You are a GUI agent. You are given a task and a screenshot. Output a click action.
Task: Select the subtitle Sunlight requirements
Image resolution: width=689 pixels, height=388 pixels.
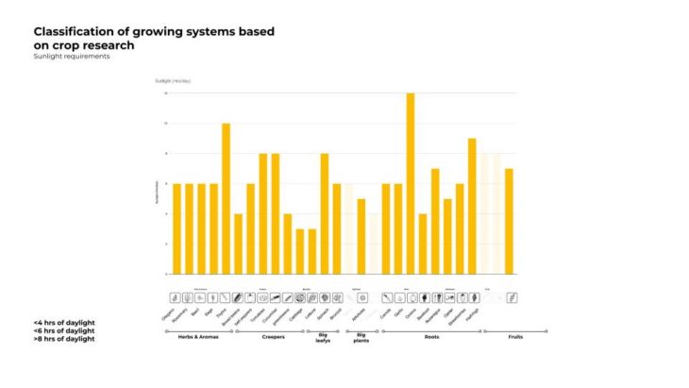[x=71, y=57]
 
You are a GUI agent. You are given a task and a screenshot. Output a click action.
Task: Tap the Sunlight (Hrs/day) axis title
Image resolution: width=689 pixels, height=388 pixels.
[x=173, y=81]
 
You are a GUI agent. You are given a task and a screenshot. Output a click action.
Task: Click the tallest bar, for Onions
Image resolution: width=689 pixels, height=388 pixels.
[x=411, y=184]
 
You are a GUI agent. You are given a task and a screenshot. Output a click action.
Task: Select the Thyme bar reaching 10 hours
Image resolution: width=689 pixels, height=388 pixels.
[x=226, y=198]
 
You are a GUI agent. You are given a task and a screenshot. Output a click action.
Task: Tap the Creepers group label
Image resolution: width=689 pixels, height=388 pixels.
[x=272, y=337]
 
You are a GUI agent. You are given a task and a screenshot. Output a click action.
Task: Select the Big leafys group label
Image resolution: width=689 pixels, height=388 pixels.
[x=324, y=340]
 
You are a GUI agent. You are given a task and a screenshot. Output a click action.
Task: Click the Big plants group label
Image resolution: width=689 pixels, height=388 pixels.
[x=361, y=340]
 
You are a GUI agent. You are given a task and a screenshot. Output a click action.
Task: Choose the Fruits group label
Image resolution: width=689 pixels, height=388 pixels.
[x=514, y=337]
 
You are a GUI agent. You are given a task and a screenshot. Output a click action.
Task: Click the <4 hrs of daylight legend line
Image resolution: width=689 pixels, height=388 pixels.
[x=63, y=322]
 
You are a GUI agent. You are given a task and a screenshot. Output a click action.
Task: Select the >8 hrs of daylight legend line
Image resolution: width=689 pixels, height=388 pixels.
[x=63, y=339]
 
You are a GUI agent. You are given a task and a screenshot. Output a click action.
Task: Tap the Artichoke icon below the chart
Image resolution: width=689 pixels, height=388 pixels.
[x=361, y=297]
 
